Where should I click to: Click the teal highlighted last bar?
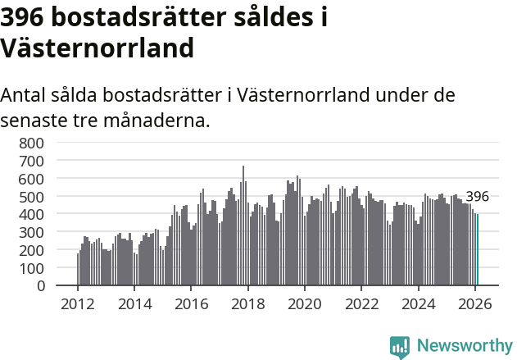478,250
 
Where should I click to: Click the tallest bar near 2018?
243,226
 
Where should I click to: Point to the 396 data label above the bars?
477,197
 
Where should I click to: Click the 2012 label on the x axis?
78,304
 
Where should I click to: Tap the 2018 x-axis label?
247,304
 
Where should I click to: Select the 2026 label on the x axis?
474,304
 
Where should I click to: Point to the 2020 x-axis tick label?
304,304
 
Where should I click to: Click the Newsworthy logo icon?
400,347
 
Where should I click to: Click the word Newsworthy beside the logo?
464,346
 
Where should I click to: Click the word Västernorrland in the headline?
98,48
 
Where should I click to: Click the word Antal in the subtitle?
25,95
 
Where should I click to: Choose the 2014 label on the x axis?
134,304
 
